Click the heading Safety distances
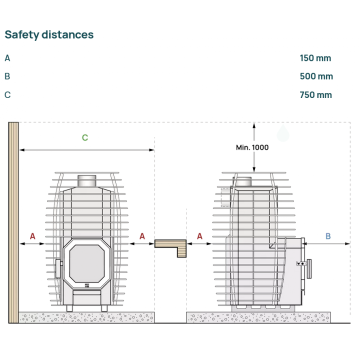[x=49, y=35]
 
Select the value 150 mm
[x=315, y=58]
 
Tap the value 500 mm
[x=316, y=76]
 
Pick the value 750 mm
[x=316, y=95]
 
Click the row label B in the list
[x=7, y=76]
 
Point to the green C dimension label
[x=85, y=137]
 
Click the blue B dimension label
[x=328, y=236]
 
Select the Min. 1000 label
[x=252, y=147]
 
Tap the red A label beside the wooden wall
[x=32, y=236]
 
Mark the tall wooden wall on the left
[x=13, y=222]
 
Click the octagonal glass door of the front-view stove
[x=87, y=263]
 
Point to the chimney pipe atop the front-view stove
[x=87, y=181]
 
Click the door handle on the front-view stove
[x=58, y=268]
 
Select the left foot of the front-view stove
[x=69, y=308]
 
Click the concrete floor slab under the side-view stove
[x=258, y=317]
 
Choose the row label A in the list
[x=7, y=58]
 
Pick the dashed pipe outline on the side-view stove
[x=225, y=197]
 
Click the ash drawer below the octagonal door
[x=87, y=292]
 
